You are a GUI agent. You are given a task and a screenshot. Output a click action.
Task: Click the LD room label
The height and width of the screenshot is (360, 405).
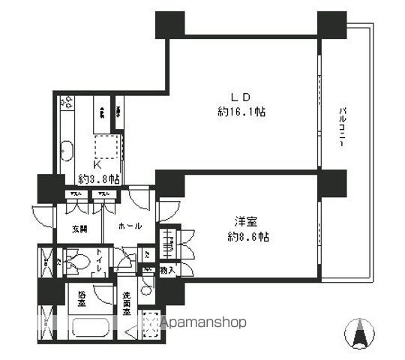click(x=239, y=97)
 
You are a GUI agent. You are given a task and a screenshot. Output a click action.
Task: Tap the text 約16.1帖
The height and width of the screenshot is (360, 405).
click(x=239, y=112)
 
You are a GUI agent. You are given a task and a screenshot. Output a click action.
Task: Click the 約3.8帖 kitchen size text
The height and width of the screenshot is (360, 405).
click(x=100, y=179)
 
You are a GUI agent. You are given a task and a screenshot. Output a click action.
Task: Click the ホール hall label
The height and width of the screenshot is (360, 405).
click(x=130, y=224)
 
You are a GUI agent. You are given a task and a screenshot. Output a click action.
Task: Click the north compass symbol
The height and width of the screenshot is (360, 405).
click(x=358, y=331)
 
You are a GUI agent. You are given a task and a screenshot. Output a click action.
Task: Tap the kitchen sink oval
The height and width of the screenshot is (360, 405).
click(x=65, y=151)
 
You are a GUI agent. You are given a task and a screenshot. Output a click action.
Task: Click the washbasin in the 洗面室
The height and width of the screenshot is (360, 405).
click(x=147, y=284)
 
